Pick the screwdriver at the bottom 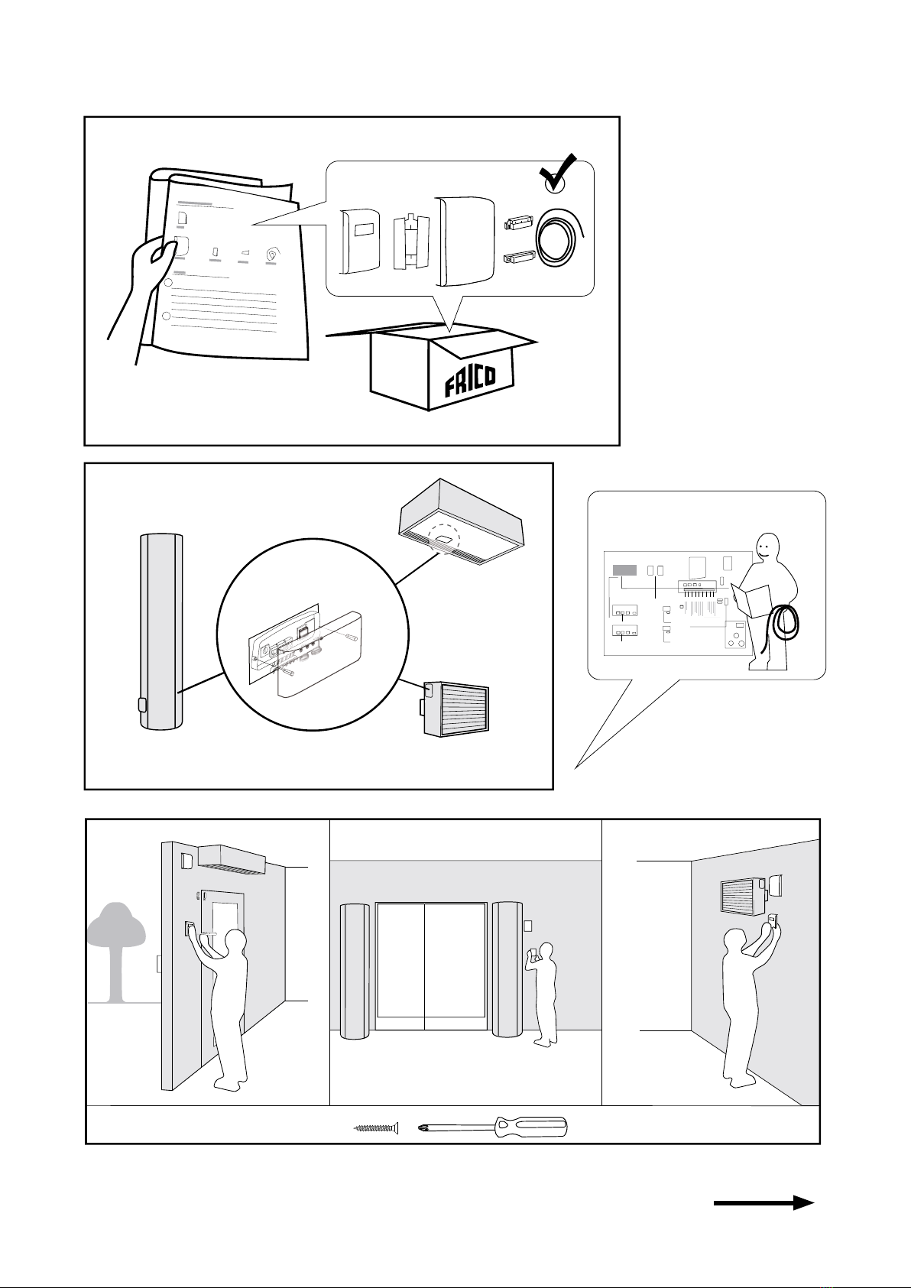(494, 1127)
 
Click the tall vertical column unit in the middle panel (161, 632)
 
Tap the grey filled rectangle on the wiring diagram (624, 569)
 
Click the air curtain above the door (232, 860)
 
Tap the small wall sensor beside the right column (527, 926)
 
